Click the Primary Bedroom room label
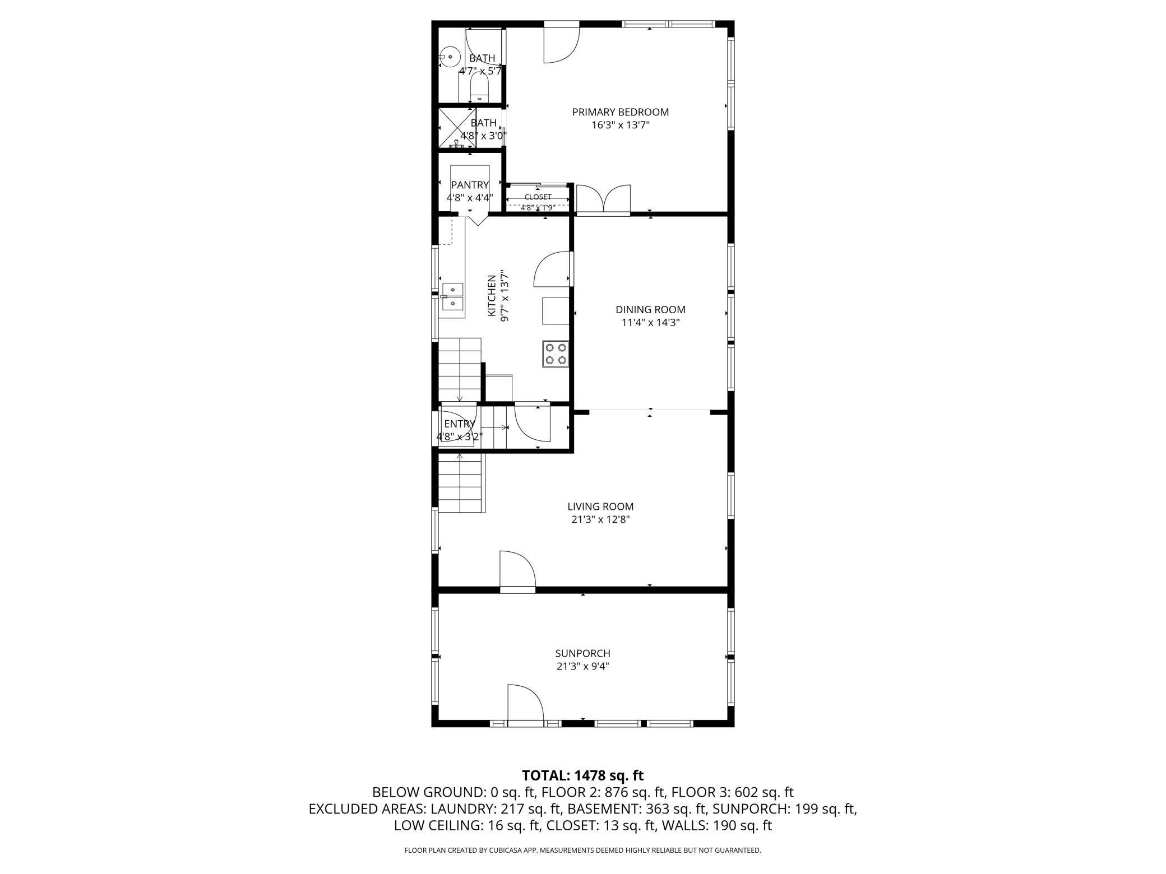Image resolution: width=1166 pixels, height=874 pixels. (620, 112)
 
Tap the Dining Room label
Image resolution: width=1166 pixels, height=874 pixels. (650, 309)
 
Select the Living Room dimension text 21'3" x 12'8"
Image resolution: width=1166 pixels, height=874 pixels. (600, 519)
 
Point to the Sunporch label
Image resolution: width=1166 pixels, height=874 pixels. (582, 653)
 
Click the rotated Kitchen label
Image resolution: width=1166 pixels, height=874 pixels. (492, 295)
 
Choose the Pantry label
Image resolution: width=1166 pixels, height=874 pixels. (470, 185)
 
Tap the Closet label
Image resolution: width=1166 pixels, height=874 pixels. (538, 197)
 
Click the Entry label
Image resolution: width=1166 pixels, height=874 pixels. (460, 424)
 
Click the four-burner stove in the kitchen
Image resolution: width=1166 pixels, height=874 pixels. (556, 354)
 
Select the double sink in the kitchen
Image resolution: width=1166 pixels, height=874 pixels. (452, 296)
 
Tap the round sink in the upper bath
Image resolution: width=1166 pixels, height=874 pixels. (450, 57)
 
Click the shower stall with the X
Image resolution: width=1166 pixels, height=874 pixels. (457, 128)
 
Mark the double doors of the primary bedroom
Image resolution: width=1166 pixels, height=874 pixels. (603, 200)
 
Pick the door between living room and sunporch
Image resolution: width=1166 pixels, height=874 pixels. (517, 570)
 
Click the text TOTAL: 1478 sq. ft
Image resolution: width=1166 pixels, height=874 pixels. (582, 775)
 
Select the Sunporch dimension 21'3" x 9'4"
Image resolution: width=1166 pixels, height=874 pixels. (582, 667)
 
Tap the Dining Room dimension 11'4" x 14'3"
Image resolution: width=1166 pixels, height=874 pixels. (650, 323)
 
